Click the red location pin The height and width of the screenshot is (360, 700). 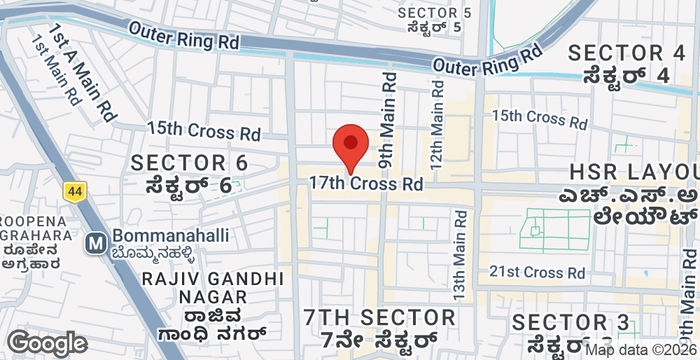pyautogui.click(x=349, y=149)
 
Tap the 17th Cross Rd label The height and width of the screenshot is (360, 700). pyautogui.click(x=365, y=184)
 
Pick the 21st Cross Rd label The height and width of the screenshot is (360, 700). pyautogui.click(x=537, y=272)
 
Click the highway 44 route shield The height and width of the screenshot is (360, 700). pyautogui.click(x=74, y=190)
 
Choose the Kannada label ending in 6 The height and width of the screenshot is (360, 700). pyautogui.click(x=189, y=186)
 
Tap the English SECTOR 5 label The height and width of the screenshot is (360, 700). pyautogui.click(x=434, y=12)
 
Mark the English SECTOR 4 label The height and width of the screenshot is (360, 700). pyautogui.click(x=627, y=52)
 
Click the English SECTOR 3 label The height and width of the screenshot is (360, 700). pyautogui.click(x=571, y=323)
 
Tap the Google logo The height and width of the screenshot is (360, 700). pyautogui.click(x=46, y=343)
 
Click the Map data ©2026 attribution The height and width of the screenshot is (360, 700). pyautogui.click(x=640, y=350)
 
